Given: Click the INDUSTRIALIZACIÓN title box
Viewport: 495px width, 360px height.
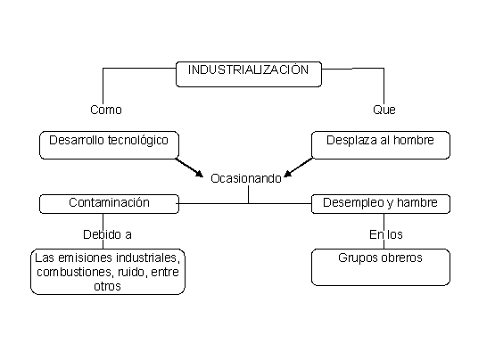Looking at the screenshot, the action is [x=249, y=74].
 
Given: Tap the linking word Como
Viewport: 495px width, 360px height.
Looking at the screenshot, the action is [x=106, y=110].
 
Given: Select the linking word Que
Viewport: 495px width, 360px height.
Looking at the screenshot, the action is [x=384, y=110].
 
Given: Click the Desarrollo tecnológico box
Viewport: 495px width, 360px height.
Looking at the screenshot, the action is [x=109, y=145].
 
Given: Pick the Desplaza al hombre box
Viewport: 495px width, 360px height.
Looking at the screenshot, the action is [x=381, y=145].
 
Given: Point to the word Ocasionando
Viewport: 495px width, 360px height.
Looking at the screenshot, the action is [x=246, y=178].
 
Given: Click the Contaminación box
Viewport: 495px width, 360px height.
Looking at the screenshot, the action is [x=109, y=204].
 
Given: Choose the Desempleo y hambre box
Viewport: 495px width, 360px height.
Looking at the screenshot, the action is [x=381, y=204].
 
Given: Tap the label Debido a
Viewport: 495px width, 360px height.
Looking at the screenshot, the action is [x=107, y=234].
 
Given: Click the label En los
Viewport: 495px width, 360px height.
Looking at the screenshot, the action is [x=386, y=234].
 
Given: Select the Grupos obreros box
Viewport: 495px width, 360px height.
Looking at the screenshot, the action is [x=381, y=267].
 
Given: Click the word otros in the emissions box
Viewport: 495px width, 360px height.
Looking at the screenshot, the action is [x=107, y=286].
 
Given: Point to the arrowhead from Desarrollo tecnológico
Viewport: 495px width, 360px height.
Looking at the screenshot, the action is [x=200, y=173].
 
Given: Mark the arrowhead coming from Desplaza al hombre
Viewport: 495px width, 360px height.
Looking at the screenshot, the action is [x=288, y=173].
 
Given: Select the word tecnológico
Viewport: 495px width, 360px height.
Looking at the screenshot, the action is [x=138, y=141].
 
